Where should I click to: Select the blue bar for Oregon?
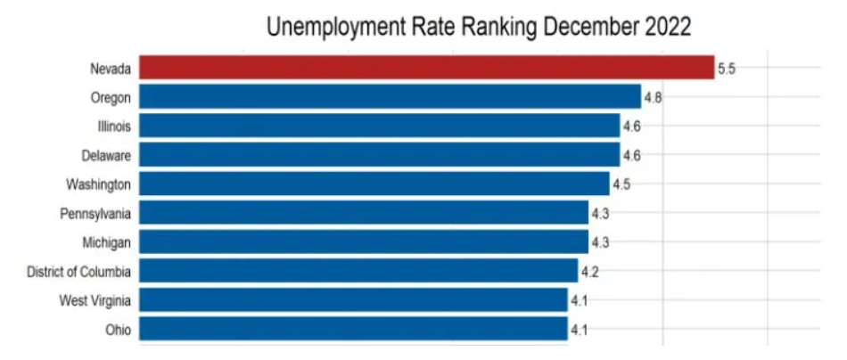pos(390,97)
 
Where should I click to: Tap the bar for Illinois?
pos(379,126)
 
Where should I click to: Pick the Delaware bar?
pos(379,155)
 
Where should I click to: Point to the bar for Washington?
pos(374,184)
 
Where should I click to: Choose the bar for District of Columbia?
pos(358,270)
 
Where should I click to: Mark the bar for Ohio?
pos(353,329)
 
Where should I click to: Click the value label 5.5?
pos(727,69)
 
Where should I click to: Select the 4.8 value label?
pos(653,97)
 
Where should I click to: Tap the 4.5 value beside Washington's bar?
pos(621,184)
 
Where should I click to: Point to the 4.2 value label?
pos(589,270)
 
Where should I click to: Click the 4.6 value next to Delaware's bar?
pos(631,155)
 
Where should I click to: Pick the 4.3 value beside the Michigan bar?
pos(599,241)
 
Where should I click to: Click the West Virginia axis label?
pos(97,299)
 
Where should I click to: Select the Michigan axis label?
pos(108,241)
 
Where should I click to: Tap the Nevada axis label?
pos(111,69)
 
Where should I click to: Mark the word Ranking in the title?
pos(489,28)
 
